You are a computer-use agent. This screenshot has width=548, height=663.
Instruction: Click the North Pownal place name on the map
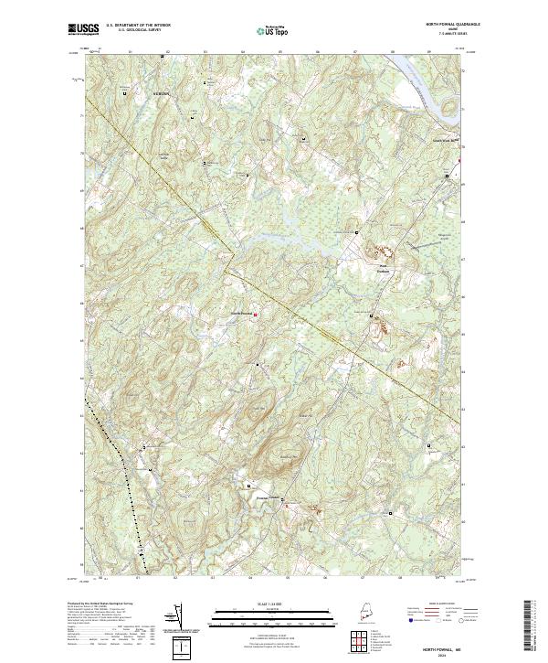[240, 315]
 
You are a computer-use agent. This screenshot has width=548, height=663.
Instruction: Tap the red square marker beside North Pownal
[255, 315]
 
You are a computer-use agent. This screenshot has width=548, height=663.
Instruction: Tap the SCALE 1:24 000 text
[266, 602]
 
